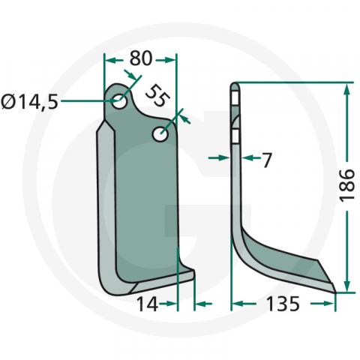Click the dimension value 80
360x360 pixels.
pos(141,58)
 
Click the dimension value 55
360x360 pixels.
pos(157,96)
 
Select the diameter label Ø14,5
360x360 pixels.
pos(29,102)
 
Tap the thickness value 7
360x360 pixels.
pos(267,160)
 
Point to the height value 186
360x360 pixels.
pos(347,184)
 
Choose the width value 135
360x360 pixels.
pos(283,304)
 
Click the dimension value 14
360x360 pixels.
pos(148,304)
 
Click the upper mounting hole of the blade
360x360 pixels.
pos(119,101)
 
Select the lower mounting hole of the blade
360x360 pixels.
pos(160,134)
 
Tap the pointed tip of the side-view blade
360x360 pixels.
pos(335,292)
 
